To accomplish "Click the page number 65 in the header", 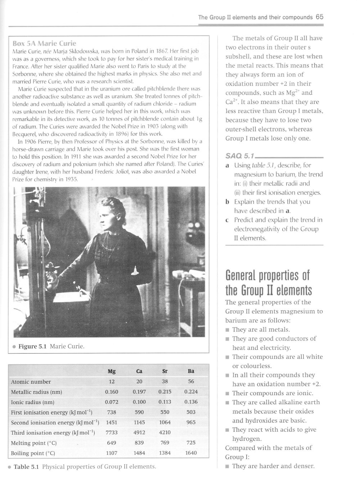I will (319, 17).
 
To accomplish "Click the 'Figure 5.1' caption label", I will (33, 347).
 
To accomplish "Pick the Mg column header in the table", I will (112, 371).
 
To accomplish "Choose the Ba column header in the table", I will (191, 371).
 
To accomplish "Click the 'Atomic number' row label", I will (31, 382).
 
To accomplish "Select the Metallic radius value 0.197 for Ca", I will (139, 392).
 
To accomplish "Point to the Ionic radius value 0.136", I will (191, 402).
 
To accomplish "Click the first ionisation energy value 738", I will (112, 412).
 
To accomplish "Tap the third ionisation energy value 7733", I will (112, 433).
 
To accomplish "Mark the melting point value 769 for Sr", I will (165, 443).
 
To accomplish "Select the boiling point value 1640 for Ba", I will (191, 453).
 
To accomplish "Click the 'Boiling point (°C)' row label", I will (33, 453).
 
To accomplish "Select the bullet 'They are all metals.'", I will (261, 330).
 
